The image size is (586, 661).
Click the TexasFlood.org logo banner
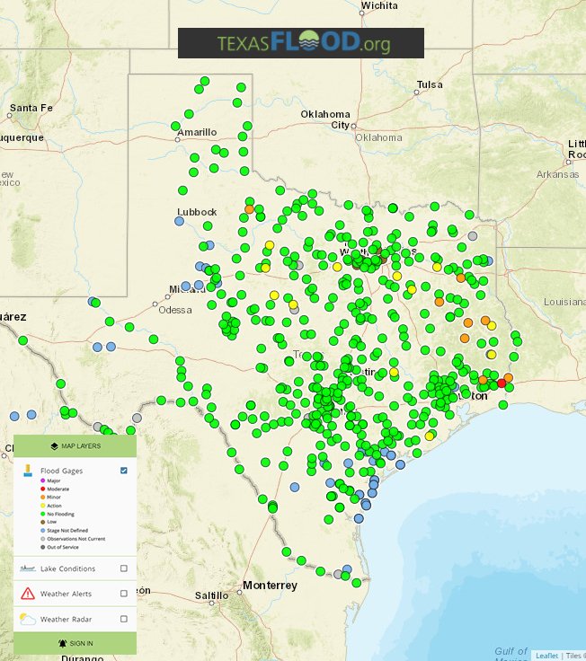pos(300,43)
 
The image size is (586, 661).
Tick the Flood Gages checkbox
pos(124,471)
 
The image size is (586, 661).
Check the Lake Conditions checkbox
pos(124,568)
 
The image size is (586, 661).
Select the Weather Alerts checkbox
pos(124,594)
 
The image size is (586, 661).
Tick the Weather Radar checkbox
pos(124,619)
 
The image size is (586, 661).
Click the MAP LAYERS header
pos(75,445)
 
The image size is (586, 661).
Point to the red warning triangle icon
pos(27,594)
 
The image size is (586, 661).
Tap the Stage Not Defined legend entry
pos(66,530)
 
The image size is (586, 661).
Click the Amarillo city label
pos(197,132)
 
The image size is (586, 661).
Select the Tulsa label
pos(430,85)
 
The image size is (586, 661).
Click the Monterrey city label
pos(270,586)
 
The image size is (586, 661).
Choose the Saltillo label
pos(212,595)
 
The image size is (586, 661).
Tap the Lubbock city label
pos(197,212)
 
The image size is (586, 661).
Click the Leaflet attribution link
pos(546,656)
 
